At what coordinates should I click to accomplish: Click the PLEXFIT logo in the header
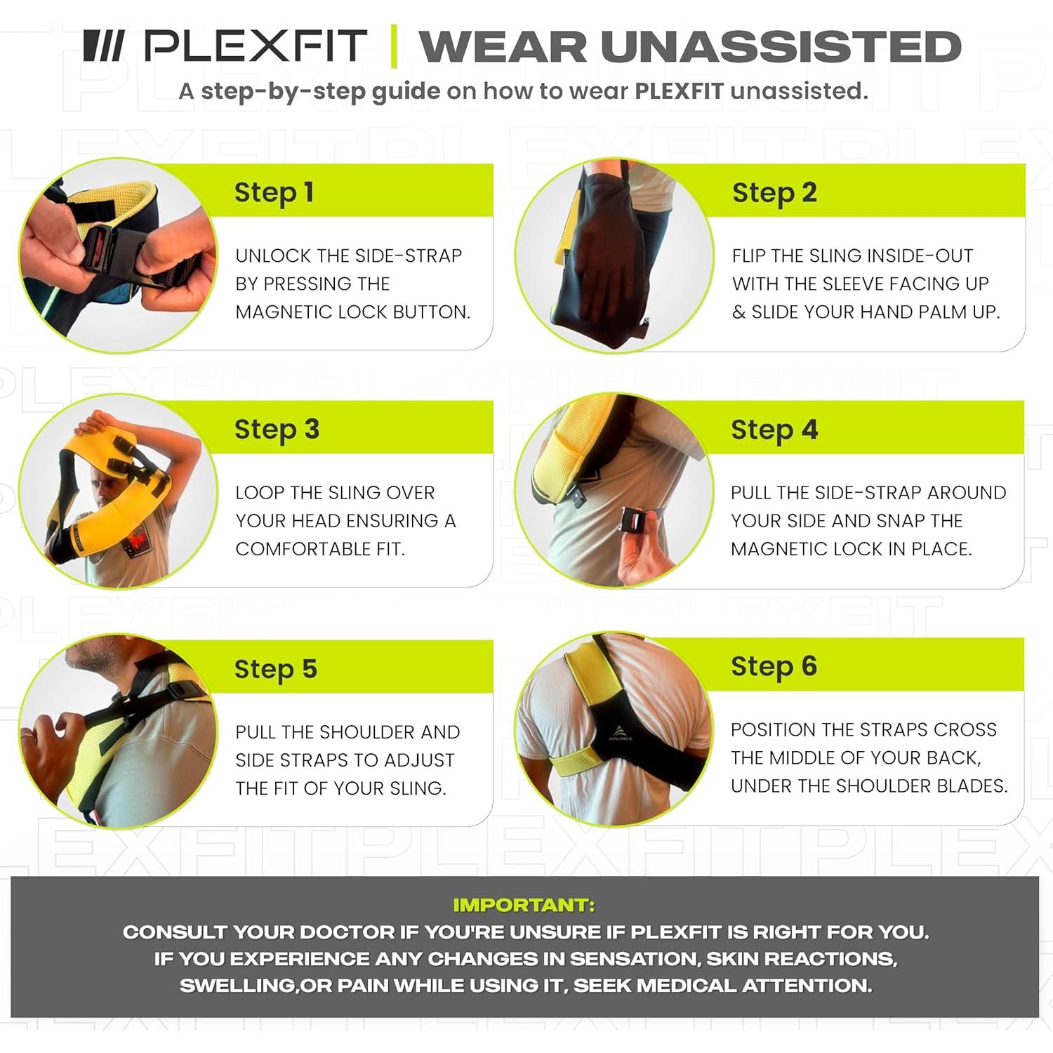pos(225,46)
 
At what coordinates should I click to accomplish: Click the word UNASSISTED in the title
pos(780,47)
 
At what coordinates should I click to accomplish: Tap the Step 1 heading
pos(274,192)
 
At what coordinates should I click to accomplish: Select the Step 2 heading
pos(774,192)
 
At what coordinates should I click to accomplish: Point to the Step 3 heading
pos(277,429)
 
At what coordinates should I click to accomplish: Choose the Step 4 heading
pos(774,429)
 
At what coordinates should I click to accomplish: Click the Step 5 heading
pos(275,669)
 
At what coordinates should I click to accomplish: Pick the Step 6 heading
pos(774,666)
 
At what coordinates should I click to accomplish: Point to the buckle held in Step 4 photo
pos(635,523)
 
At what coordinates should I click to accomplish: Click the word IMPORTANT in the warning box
pos(524,905)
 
